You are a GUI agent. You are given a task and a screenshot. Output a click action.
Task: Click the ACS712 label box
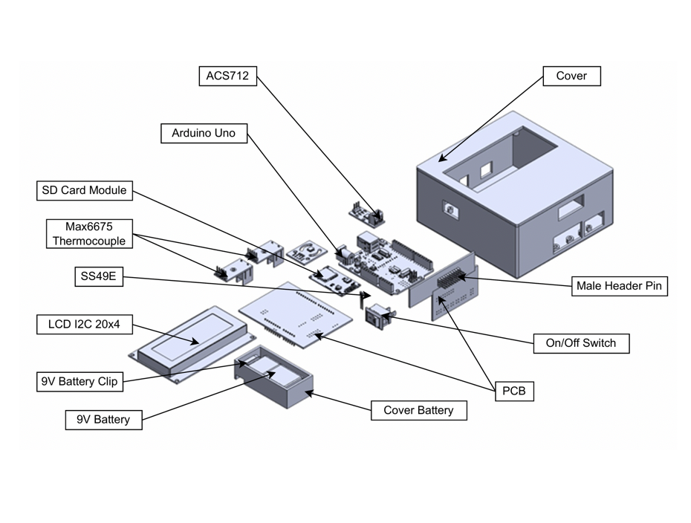tap(228, 76)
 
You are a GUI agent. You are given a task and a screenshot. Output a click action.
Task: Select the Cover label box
tap(571, 76)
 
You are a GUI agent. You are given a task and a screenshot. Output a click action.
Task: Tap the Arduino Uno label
tap(204, 134)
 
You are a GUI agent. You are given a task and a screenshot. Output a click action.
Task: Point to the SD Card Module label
tap(83, 191)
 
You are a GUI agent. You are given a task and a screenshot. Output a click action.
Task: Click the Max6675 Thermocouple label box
tap(89, 233)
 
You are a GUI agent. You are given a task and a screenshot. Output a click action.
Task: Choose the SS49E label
tap(99, 278)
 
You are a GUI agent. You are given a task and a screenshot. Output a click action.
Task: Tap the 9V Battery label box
tap(103, 420)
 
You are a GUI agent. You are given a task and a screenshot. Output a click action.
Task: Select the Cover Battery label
tap(418, 410)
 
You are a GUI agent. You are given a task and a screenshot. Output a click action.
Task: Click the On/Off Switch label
tap(581, 344)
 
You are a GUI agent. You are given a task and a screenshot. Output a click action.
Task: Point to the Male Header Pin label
tap(619, 286)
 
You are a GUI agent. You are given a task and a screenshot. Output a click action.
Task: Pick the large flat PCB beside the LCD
tap(297, 312)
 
